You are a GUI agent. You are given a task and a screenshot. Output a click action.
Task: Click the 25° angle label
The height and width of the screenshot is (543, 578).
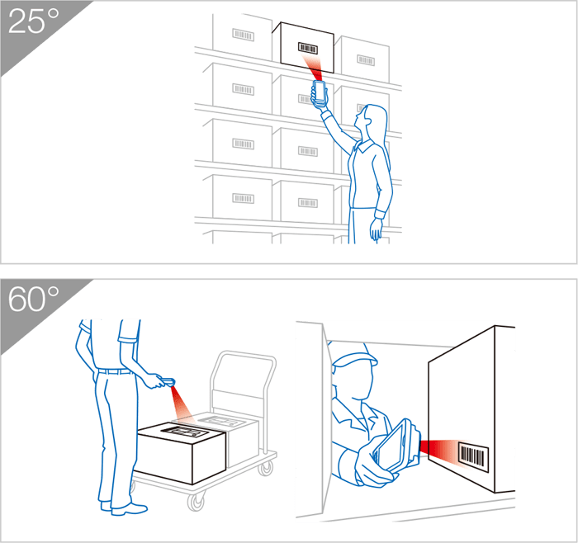(33, 21)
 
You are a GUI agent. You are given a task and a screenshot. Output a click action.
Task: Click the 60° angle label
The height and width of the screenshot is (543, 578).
(33, 299)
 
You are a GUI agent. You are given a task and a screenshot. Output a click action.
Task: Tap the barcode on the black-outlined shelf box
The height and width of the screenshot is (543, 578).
(308, 48)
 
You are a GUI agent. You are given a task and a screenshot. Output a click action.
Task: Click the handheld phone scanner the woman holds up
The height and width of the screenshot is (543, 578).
(320, 92)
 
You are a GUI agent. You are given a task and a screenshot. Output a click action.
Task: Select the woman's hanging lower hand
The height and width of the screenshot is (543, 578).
(376, 229)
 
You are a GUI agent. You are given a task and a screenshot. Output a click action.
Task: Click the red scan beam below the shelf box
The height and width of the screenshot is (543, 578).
(313, 67)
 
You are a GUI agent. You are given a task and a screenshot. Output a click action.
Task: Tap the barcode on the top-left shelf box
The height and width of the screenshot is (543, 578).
(244, 35)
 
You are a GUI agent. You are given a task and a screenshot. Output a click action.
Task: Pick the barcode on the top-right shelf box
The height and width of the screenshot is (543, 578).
(366, 59)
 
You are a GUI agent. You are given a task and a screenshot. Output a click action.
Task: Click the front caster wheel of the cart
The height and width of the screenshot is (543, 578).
(196, 502)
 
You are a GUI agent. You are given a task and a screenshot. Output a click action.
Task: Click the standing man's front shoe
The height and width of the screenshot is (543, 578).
(129, 510)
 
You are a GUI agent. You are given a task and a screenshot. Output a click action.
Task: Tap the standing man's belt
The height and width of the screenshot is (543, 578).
(115, 371)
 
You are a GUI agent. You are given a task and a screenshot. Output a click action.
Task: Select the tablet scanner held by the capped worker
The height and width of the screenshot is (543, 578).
(396, 446)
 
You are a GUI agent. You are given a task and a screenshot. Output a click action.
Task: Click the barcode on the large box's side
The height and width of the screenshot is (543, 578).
(473, 456)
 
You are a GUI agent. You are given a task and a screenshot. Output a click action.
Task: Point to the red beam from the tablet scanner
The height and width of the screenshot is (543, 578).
(438, 450)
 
